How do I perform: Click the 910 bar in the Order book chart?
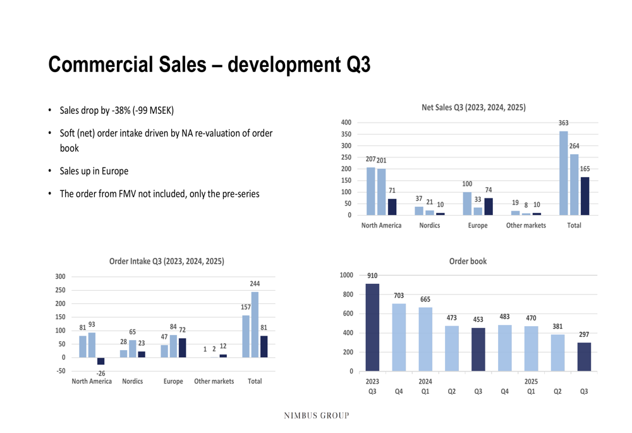pyautogui.click(x=373, y=327)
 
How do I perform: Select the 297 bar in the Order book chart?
pyautogui.click(x=584, y=357)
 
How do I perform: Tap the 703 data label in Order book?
pyautogui.click(x=399, y=296)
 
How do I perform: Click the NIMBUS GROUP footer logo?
pyautogui.click(x=316, y=415)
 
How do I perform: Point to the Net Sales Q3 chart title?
pyautogui.click(x=473, y=108)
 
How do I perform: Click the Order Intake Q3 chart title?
pyautogui.click(x=166, y=261)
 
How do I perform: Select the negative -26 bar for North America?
pyautogui.click(x=100, y=361)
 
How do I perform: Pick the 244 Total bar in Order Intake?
pyautogui.click(x=255, y=324)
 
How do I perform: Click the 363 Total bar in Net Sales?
pyautogui.click(x=564, y=173)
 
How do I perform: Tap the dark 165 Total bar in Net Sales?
pyautogui.click(x=585, y=196)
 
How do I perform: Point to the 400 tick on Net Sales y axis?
pyautogui.click(x=346, y=123)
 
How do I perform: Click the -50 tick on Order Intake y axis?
pyautogui.click(x=61, y=371)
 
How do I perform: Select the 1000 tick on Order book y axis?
pyautogui.click(x=347, y=275)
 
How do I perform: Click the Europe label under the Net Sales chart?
pyautogui.click(x=478, y=226)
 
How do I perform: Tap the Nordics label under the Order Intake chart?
pyautogui.click(x=133, y=381)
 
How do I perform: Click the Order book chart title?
pyautogui.click(x=468, y=261)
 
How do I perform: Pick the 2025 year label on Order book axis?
pyautogui.click(x=531, y=382)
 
